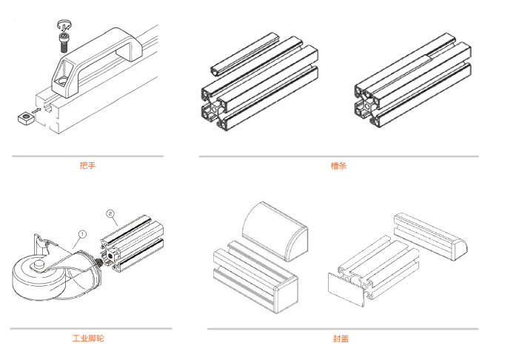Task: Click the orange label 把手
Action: [87, 165]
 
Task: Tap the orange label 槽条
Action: [338, 166]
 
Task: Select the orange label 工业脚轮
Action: [88, 339]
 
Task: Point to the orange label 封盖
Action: [341, 339]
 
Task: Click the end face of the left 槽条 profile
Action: [218, 107]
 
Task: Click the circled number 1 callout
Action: [82, 233]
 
